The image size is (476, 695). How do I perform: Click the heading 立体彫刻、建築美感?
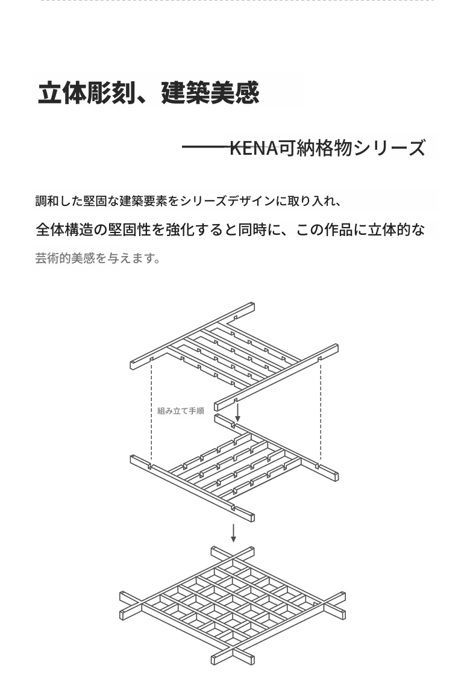(149, 93)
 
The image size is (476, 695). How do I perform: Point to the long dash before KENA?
(206, 147)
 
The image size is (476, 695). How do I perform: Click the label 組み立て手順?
(181, 411)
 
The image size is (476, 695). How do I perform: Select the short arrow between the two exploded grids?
(238, 412)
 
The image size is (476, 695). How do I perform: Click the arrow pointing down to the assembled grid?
(233, 533)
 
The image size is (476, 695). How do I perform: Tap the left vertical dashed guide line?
(152, 412)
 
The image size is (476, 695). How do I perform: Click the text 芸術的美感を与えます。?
(98, 258)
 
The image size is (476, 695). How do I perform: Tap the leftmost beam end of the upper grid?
(133, 365)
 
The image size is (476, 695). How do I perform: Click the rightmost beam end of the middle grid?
(335, 476)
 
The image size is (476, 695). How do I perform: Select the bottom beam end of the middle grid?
(251, 517)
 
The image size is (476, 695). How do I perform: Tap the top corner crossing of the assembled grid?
(233, 556)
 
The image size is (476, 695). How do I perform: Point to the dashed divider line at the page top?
(237, 1)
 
